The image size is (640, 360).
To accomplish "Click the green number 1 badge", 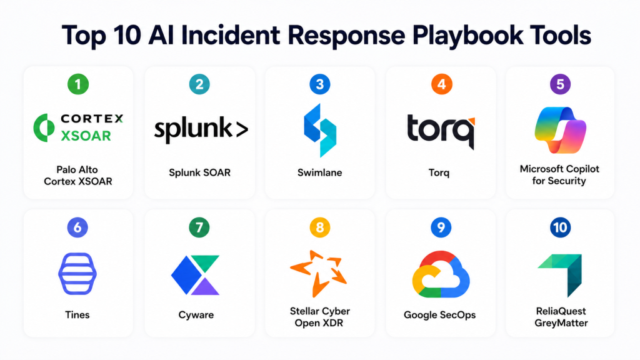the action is [x=78, y=84].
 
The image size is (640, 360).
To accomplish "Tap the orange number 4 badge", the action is [x=442, y=84].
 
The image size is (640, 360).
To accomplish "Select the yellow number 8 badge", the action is [x=319, y=227].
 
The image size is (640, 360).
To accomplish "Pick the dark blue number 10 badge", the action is [x=560, y=227].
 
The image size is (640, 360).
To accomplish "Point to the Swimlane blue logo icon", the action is [x=320, y=130].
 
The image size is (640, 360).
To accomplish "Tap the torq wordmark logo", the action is [x=441, y=131].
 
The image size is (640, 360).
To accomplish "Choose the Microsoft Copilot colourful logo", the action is [x=560, y=130].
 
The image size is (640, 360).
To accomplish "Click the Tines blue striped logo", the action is [x=77, y=274].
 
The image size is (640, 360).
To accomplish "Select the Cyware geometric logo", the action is [x=195, y=275].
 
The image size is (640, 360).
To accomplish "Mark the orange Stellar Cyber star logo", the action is [x=319, y=272].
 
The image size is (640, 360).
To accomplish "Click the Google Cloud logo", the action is [x=441, y=274].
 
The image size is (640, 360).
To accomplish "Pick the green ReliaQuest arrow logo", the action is [x=561, y=275].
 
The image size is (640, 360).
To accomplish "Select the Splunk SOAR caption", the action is [x=199, y=172].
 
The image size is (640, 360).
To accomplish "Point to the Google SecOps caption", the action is [x=439, y=315].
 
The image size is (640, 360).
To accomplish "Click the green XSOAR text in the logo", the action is [x=86, y=136].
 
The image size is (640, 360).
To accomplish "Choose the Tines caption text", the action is [x=77, y=315].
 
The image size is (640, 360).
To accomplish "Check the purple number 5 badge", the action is [x=560, y=84].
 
